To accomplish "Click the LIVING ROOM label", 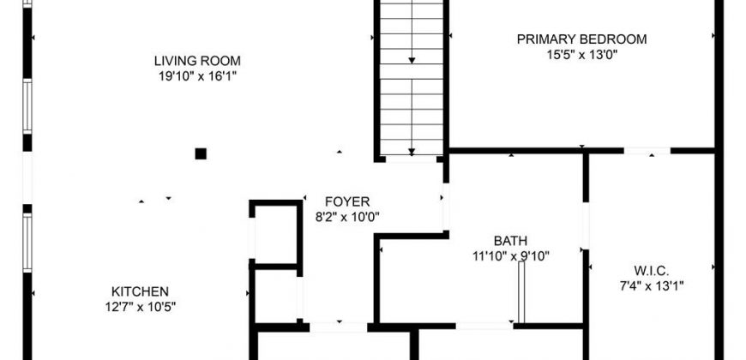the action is (x=197, y=61).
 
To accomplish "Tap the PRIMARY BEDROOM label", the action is (x=582, y=39).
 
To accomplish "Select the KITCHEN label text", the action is (x=140, y=291).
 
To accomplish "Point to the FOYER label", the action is (x=347, y=201).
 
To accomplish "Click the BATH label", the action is (x=510, y=241).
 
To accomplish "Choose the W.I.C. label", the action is (x=652, y=271).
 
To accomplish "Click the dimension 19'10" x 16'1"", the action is (x=197, y=76).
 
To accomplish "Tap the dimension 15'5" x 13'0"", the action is (x=582, y=54).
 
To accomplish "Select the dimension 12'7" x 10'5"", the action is (x=141, y=307).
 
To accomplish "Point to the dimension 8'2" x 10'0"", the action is (x=347, y=218).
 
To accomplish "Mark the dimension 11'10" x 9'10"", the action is (x=510, y=256).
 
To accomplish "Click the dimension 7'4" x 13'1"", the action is (x=652, y=286).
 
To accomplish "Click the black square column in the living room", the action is (x=201, y=153).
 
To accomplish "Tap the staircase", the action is (x=412, y=78).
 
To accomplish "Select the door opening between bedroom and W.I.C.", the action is (x=647, y=151).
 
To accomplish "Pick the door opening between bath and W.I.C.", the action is (x=586, y=226).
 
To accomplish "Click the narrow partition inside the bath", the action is (x=521, y=292).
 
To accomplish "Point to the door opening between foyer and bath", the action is (x=445, y=207).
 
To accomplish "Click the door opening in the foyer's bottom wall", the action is (x=338, y=327).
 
